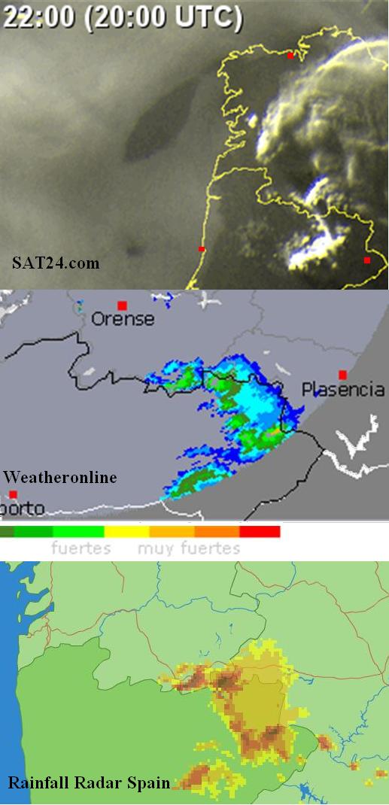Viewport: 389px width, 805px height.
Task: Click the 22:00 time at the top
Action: (39, 17)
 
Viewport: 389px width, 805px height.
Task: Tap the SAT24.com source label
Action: (56, 263)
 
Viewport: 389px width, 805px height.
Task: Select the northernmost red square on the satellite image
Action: (290, 55)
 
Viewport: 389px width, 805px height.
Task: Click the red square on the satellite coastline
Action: (201, 248)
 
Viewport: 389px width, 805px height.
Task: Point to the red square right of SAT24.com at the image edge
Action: (367, 260)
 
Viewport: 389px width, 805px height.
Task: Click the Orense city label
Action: (123, 320)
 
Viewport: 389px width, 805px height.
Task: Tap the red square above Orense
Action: (122, 305)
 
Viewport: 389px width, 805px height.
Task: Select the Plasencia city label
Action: (342, 390)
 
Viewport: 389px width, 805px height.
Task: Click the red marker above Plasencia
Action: (342, 375)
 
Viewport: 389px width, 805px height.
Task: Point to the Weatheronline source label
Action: (59, 477)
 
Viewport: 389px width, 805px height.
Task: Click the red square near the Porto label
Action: (14, 494)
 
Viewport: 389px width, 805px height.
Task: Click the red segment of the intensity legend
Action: (260, 532)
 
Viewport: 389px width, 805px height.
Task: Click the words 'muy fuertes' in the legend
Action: (189, 548)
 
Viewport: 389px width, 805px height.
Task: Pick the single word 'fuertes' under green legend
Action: (81, 548)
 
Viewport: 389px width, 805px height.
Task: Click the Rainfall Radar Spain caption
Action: (88, 783)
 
